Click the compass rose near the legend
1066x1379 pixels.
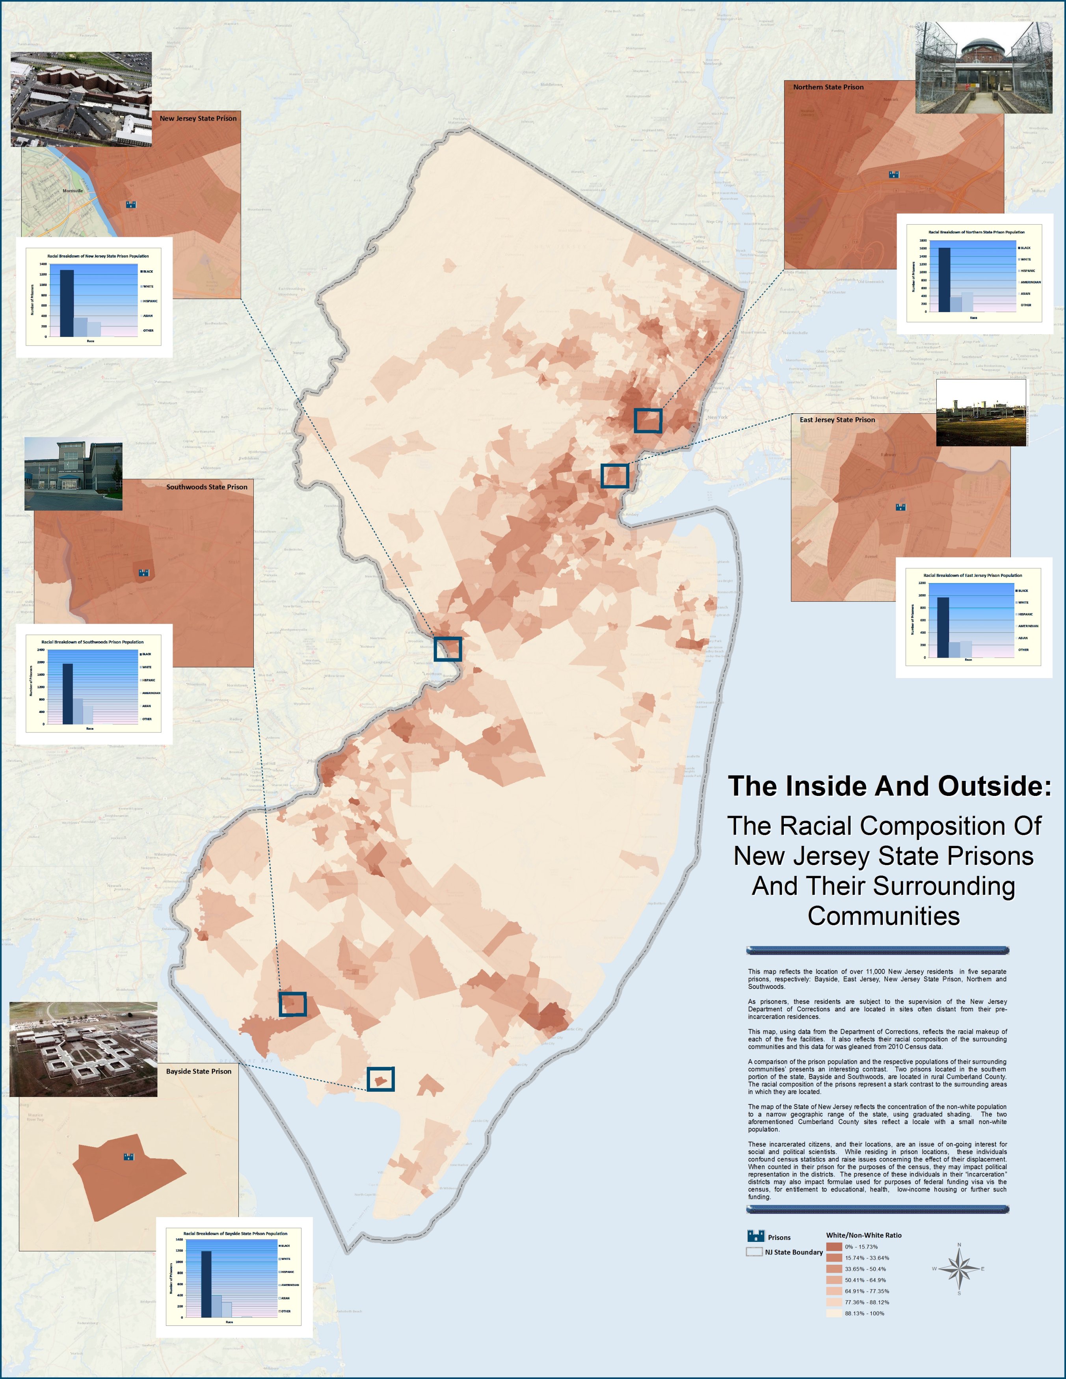(x=959, y=1269)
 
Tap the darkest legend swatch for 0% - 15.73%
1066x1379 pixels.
(x=834, y=1246)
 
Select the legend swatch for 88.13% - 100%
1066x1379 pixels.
(x=834, y=1313)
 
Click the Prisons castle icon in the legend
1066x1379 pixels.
(x=755, y=1236)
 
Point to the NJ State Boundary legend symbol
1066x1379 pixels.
(x=754, y=1252)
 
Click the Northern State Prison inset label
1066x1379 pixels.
(x=828, y=87)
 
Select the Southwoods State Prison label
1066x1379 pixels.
(x=207, y=487)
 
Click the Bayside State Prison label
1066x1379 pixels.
(x=198, y=1072)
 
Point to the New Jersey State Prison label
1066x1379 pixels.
(x=198, y=118)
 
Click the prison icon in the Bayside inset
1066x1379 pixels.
(x=129, y=1157)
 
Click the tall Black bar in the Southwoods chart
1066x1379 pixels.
(x=67, y=693)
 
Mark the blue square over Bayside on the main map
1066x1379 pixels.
(x=381, y=1079)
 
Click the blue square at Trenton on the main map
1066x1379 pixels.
(x=448, y=649)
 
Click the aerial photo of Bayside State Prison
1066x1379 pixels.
(x=84, y=1049)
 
